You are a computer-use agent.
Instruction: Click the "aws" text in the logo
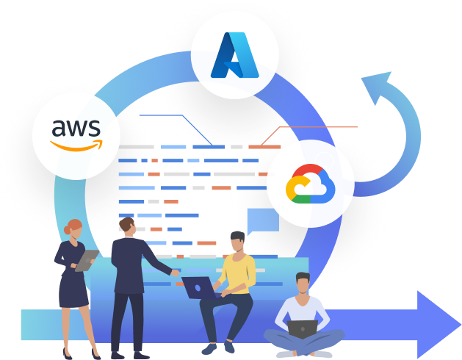tap(75, 128)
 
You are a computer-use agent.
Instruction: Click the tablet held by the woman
tap(87, 259)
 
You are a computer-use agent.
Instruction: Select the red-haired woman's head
tap(74, 228)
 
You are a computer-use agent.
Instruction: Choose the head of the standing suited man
tap(127, 227)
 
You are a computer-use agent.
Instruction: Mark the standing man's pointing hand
tap(175, 273)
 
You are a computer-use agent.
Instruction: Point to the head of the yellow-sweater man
tap(237, 242)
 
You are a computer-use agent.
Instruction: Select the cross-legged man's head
tap(303, 282)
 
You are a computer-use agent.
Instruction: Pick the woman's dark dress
tap(73, 279)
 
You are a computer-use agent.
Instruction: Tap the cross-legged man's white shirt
tap(302, 309)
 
